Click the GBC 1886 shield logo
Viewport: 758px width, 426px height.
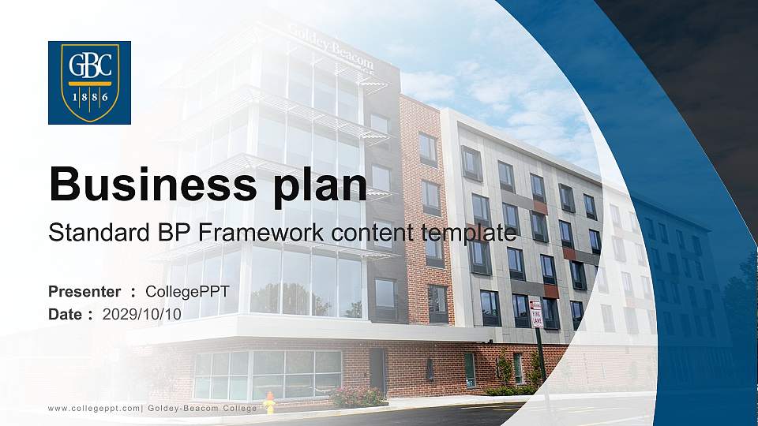89,83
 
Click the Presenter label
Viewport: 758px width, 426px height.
84,292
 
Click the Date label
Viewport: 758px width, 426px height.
66,314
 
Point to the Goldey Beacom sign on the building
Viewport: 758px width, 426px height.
332,46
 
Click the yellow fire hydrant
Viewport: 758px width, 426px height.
269,404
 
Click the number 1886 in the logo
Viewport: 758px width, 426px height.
89,97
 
